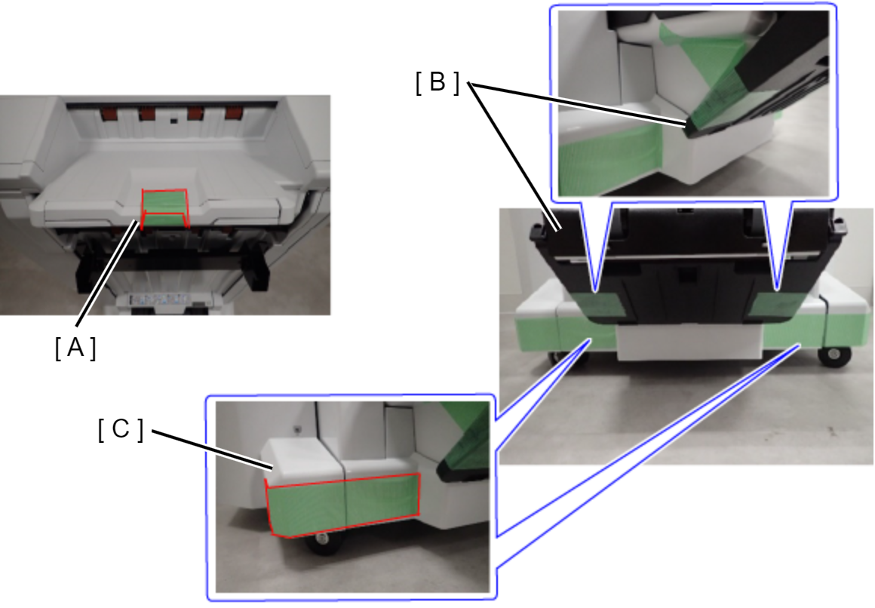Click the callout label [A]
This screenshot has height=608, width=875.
point(75,349)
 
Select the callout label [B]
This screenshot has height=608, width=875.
point(437,82)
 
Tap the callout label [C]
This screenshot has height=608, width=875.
point(121,429)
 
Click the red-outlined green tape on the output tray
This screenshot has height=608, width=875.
point(164,209)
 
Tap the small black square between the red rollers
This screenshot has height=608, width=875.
point(174,120)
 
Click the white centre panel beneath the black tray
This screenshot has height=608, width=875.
point(689,342)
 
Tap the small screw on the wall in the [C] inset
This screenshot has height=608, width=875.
point(298,429)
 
